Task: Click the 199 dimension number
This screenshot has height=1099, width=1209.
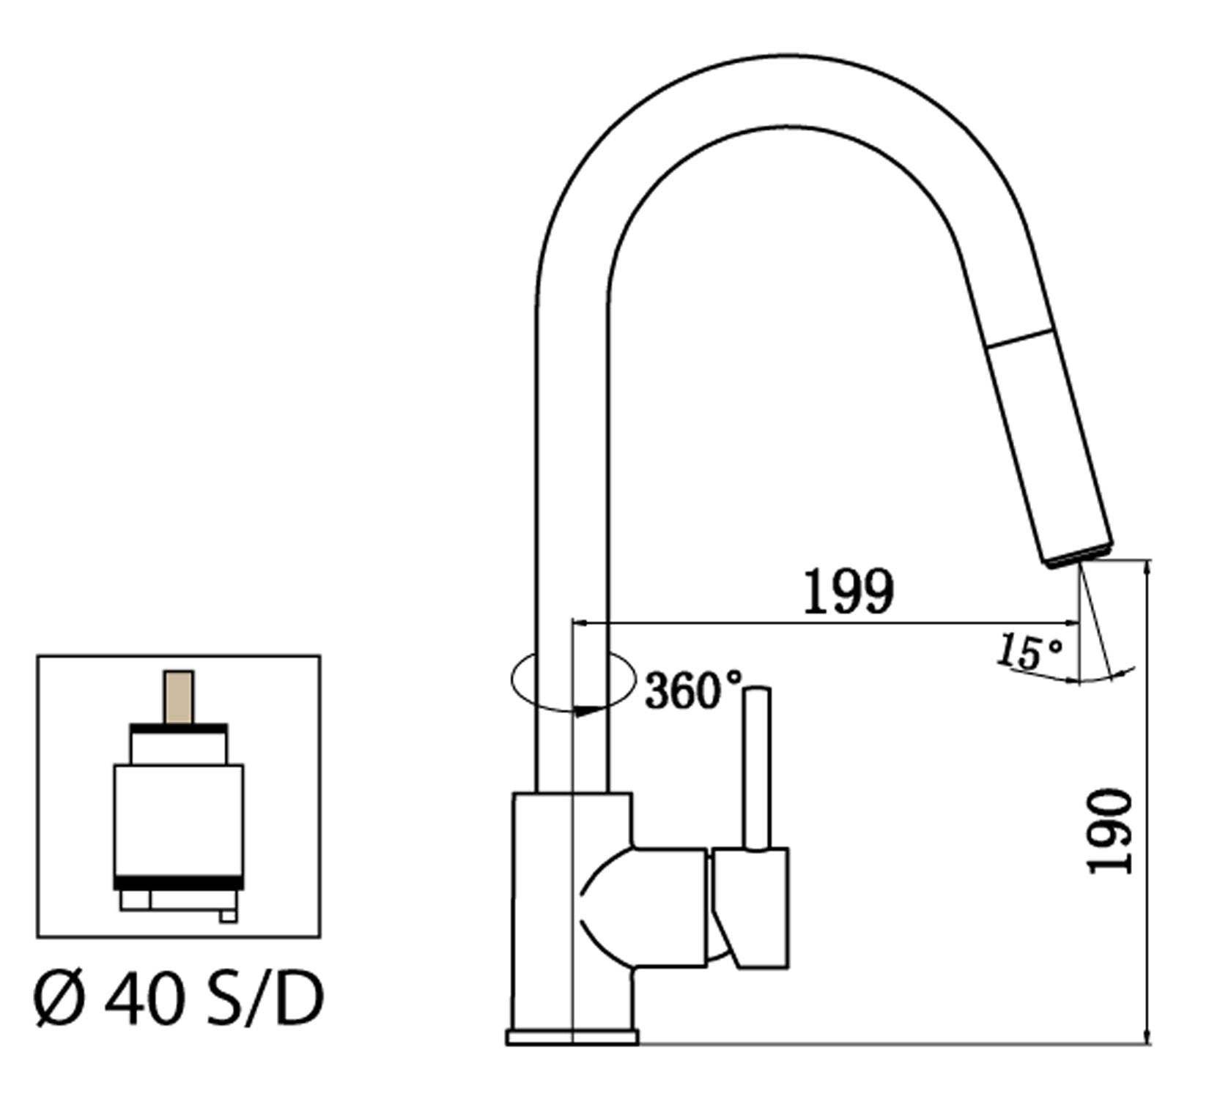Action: click(848, 591)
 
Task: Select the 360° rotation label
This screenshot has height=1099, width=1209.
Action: click(692, 690)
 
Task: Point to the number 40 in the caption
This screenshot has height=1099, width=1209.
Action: click(144, 1000)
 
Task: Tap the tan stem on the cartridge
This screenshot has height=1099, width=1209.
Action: click(179, 696)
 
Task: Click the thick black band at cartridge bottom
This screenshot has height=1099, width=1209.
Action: click(179, 882)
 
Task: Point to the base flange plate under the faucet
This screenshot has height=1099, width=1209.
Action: click(572, 1037)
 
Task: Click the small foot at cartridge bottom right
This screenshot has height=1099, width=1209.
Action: click(228, 915)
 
